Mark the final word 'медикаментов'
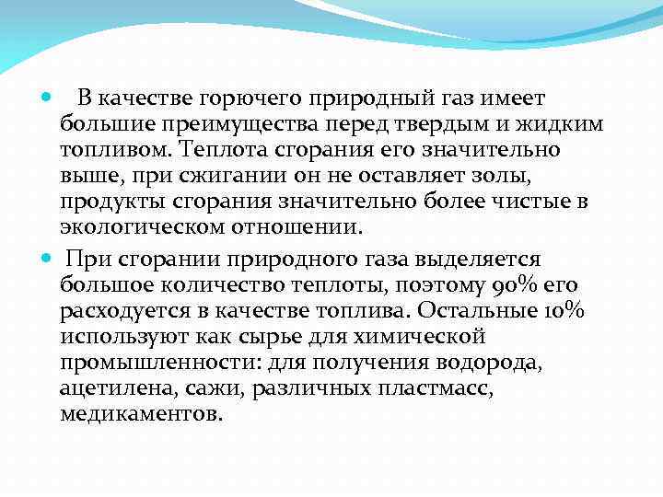pos(139,414)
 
